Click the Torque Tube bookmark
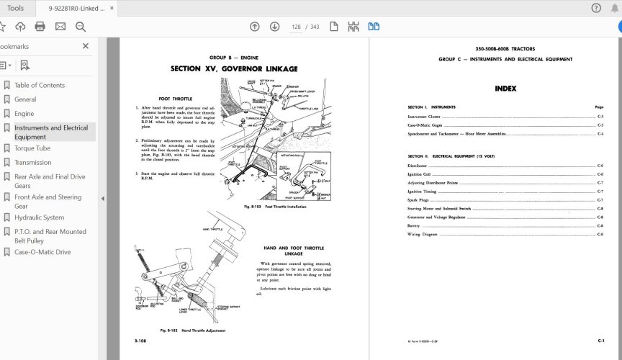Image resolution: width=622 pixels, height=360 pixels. point(32,148)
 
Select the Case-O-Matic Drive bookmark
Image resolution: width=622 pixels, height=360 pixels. point(43,252)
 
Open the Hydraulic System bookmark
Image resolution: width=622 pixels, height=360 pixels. point(39,217)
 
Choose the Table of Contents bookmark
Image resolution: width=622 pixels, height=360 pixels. point(40,85)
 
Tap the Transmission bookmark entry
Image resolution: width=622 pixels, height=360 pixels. point(33,163)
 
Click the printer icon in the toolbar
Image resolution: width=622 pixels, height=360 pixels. point(40,27)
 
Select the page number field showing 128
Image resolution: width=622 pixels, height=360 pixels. point(295,27)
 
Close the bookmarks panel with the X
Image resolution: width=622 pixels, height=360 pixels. point(86,46)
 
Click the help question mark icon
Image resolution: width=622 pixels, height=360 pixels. point(596,8)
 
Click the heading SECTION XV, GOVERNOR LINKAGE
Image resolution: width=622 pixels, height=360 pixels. point(233,69)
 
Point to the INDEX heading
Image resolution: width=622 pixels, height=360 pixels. point(505,89)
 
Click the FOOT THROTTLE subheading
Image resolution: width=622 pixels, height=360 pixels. point(175,99)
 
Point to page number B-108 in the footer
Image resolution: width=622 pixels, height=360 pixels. point(141,339)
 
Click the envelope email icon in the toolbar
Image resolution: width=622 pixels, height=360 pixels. point(60,27)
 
